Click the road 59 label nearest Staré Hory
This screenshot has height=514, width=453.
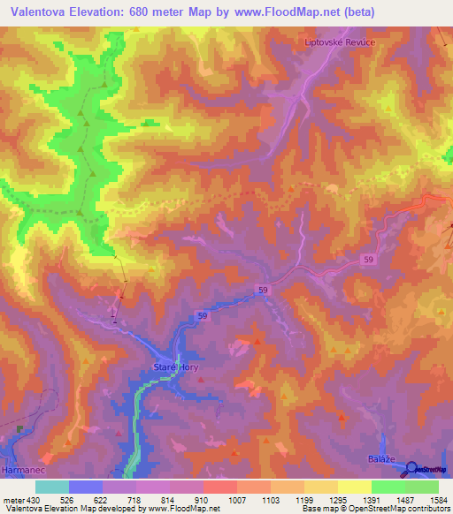point(203,315)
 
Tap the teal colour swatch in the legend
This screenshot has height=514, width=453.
point(51,486)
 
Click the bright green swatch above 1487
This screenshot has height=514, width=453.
point(388,486)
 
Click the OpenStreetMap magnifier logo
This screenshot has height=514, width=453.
point(413,469)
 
